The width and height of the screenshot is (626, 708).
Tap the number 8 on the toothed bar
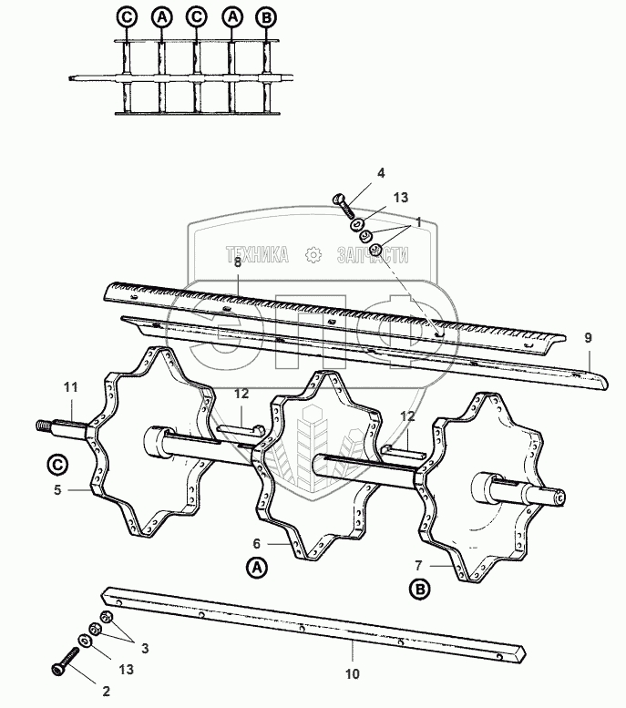pos(237,262)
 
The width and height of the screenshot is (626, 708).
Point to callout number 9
pos(588,338)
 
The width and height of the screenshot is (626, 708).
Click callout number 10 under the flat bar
pos(353,674)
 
